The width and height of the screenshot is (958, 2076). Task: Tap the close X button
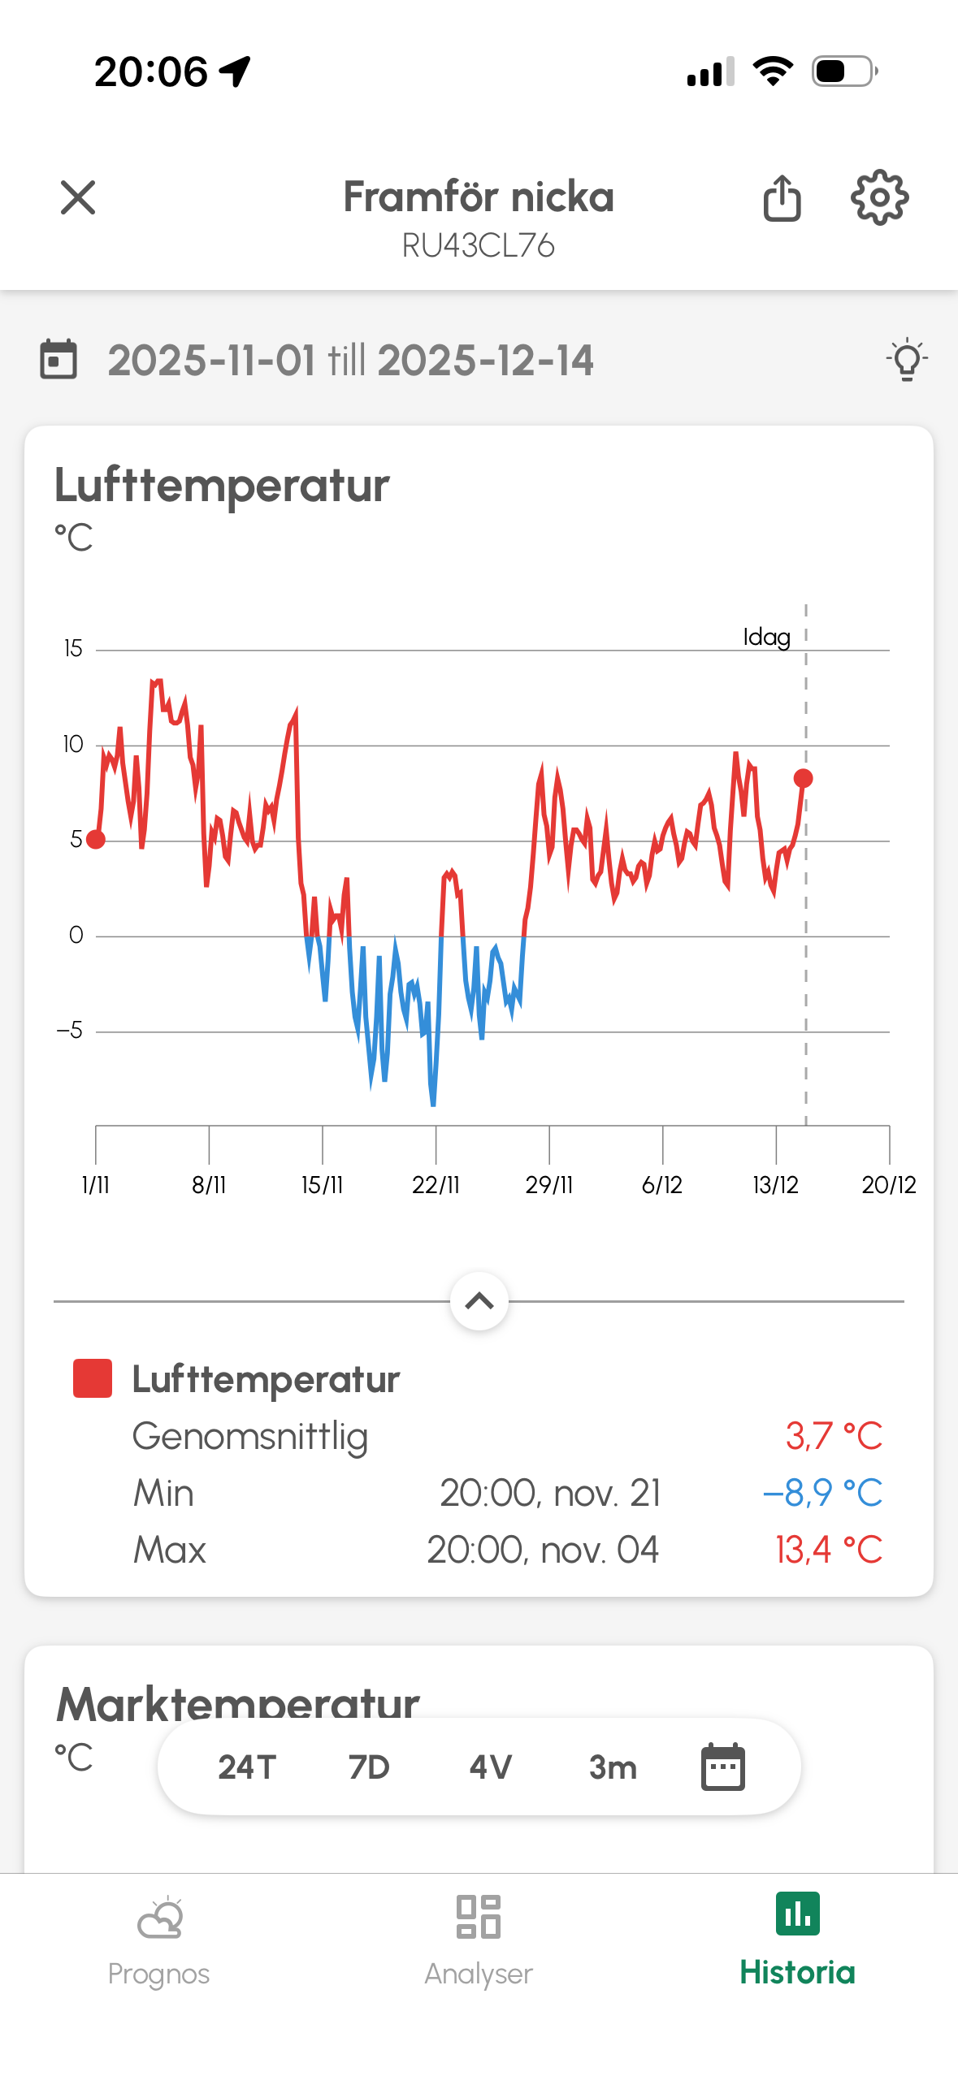[78, 198]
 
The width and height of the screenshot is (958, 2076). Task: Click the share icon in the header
[782, 198]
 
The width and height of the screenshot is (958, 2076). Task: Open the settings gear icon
[879, 197]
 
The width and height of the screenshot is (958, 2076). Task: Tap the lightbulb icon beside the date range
[907, 359]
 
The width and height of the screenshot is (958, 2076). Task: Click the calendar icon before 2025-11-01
[59, 359]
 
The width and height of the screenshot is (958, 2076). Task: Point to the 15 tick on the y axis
[73, 649]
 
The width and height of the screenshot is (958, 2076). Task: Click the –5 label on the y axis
[70, 1031]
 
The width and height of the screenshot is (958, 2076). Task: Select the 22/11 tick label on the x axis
[436, 1185]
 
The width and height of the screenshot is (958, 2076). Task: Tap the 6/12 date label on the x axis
[661, 1185]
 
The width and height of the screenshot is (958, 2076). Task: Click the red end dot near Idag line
[803, 778]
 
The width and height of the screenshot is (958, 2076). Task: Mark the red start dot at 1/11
[96, 840]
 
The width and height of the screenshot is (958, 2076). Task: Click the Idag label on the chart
[766, 637]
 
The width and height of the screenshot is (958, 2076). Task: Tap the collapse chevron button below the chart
[479, 1301]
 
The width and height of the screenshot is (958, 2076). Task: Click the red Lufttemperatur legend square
[93, 1379]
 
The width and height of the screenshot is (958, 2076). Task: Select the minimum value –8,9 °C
[822, 1493]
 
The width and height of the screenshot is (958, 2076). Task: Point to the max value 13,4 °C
[829, 1550]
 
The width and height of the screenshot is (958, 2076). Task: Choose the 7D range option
[369, 1767]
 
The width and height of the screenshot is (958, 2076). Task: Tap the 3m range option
[613, 1767]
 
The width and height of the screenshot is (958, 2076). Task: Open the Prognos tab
[159, 1941]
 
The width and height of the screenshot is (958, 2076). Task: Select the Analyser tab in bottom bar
[479, 1941]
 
